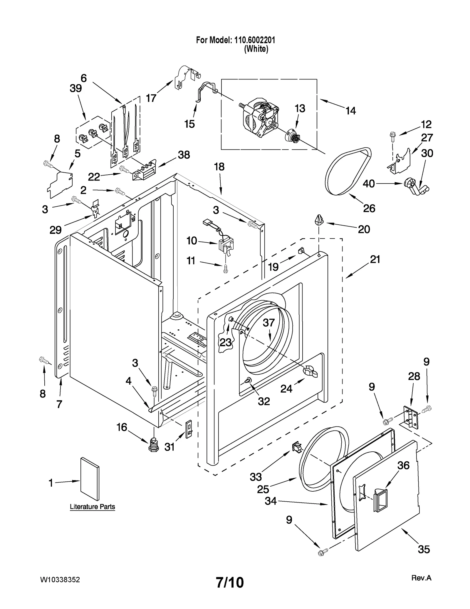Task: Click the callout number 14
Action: (x=351, y=111)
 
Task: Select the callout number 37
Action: (x=268, y=323)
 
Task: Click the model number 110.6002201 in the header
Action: (x=254, y=40)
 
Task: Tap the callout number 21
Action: (x=375, y=259)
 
